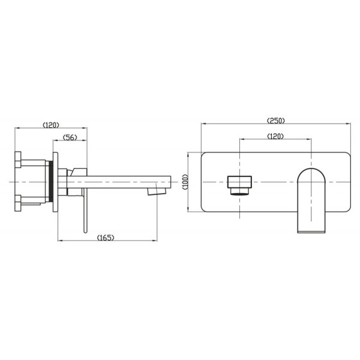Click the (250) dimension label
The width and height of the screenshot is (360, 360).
pos(275,121)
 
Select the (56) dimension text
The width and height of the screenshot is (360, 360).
pos(70,137)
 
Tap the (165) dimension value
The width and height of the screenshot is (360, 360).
pos(106,238)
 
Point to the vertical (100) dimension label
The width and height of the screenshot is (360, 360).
pos(185,182)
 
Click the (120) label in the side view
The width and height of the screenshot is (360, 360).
pos(51,125)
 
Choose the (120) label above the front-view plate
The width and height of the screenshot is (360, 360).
pos(275,136)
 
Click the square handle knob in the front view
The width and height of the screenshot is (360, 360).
pos(239,182)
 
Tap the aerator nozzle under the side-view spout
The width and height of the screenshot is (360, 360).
pos(157,191)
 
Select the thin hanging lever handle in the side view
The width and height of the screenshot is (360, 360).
pos(85,211)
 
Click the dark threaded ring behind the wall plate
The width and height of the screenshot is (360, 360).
pos(51,181)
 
